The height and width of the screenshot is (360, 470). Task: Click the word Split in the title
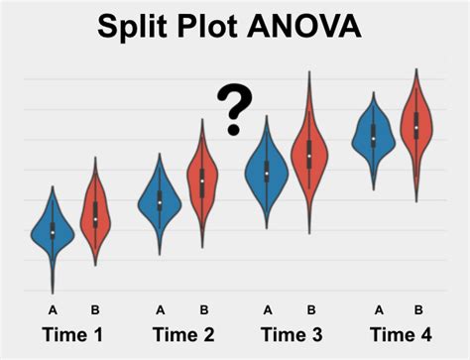click(132, 26)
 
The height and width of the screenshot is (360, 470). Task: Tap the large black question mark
click(234, 109)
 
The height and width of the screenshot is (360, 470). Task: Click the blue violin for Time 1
click(53, 232)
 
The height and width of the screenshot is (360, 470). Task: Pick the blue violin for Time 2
click(160, 203)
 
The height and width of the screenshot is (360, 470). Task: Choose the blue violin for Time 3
click(267, 174)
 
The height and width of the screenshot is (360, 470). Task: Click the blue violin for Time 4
click(373, 136)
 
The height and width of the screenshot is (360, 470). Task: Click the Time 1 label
click(71, 334)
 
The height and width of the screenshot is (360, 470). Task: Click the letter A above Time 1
click(53, 308)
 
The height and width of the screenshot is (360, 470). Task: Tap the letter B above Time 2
click(203, 308)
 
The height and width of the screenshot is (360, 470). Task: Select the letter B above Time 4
click(418, 308)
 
